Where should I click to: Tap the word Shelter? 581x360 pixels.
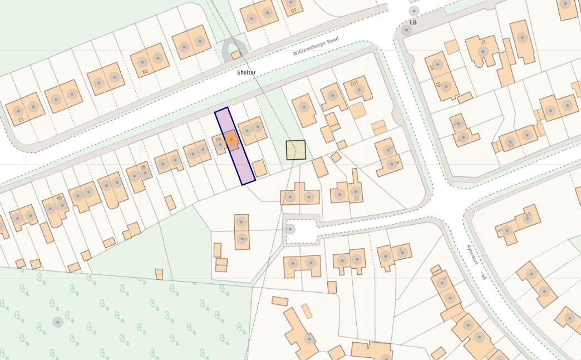click(247, 72)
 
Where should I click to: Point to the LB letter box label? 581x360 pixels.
click(413, 22)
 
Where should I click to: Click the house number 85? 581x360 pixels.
click(146, 72)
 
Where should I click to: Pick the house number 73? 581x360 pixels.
click(21, 120)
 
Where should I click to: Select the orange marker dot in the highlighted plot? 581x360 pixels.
click(231, 139)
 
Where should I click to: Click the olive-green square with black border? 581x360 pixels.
click(296, 150)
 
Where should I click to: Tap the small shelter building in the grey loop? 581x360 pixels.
click(236, 55)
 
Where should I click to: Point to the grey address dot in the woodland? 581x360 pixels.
click(58, 322)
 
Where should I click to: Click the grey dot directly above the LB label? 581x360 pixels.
click(413, 11)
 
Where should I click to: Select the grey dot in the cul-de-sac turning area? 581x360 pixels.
click(290, 229)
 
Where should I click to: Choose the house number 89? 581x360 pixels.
click(59, 199)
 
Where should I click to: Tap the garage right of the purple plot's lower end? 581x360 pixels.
click(259, 168)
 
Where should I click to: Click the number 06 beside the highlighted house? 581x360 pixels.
click(219, 140)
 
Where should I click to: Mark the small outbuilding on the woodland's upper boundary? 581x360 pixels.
click(159, 274)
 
